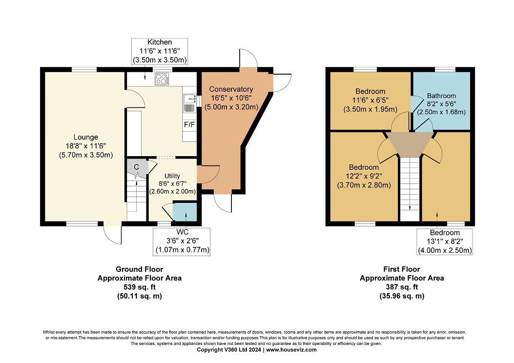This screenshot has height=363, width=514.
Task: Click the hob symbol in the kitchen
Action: [162, 79]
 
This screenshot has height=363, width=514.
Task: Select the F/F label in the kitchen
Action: [189, 124]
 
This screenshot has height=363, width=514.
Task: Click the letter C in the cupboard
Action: [136, 167]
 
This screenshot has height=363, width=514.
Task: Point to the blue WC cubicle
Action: [185, 212]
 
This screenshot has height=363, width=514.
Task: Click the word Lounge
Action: [85, 137]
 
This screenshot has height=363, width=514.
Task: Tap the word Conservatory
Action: [231, 89]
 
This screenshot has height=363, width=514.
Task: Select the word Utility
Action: [172, 176]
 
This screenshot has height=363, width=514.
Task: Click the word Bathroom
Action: [441, 96]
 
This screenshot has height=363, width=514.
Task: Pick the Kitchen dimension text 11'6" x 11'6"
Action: [160, 51]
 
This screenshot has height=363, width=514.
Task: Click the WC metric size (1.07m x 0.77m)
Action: [183, 250]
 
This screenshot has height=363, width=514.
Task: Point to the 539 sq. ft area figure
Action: [140, 287]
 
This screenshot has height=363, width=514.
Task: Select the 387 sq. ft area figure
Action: [402, 287]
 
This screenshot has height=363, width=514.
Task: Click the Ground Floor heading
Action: [139, 269]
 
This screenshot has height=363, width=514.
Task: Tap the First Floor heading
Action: [402, 269]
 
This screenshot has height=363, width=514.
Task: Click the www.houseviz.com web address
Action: [291, 350]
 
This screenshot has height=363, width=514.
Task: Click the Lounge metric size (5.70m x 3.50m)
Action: [86, 155]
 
